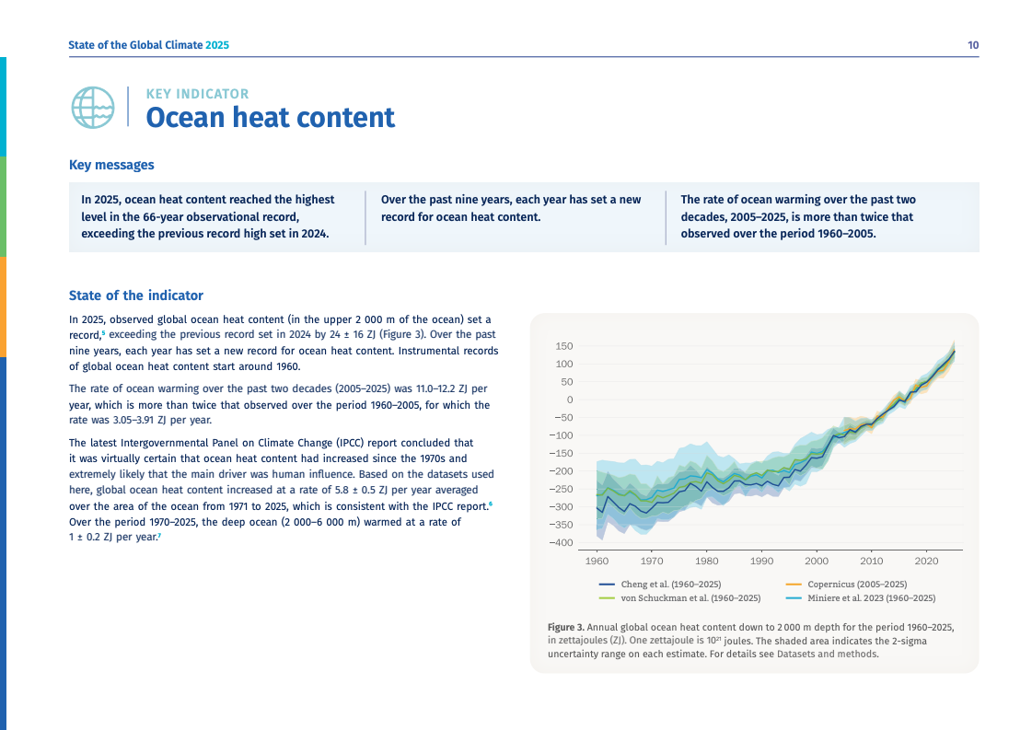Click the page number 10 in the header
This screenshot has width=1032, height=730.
973,45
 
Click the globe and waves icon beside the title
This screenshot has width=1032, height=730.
92,108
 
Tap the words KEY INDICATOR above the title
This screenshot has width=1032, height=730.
197,94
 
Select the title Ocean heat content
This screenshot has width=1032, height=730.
271,118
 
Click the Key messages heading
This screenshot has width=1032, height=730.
111,166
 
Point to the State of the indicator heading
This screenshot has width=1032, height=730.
136,295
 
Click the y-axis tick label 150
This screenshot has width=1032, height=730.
564,346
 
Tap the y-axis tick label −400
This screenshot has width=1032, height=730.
561,542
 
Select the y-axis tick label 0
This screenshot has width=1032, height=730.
570,400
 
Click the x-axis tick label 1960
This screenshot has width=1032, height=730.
597,561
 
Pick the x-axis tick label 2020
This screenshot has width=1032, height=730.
926,561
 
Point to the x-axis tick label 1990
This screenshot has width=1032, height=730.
761,561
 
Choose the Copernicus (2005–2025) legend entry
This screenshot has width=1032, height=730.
857,585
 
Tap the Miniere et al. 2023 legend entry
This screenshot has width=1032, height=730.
871,598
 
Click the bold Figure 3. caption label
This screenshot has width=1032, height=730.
565,627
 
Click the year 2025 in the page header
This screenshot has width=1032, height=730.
217,45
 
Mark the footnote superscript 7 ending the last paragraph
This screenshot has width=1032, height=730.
159,536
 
